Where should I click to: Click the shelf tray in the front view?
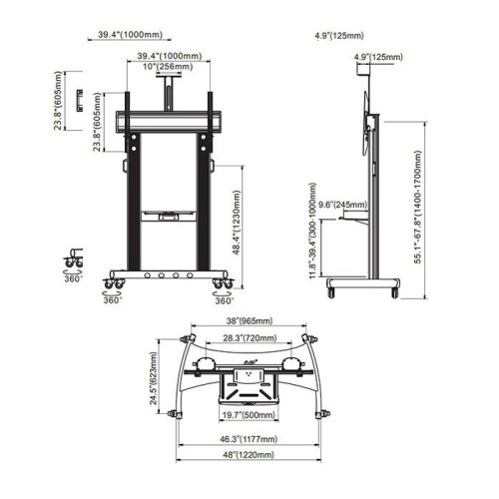coord(166,213)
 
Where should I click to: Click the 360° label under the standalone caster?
coord(71,279)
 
